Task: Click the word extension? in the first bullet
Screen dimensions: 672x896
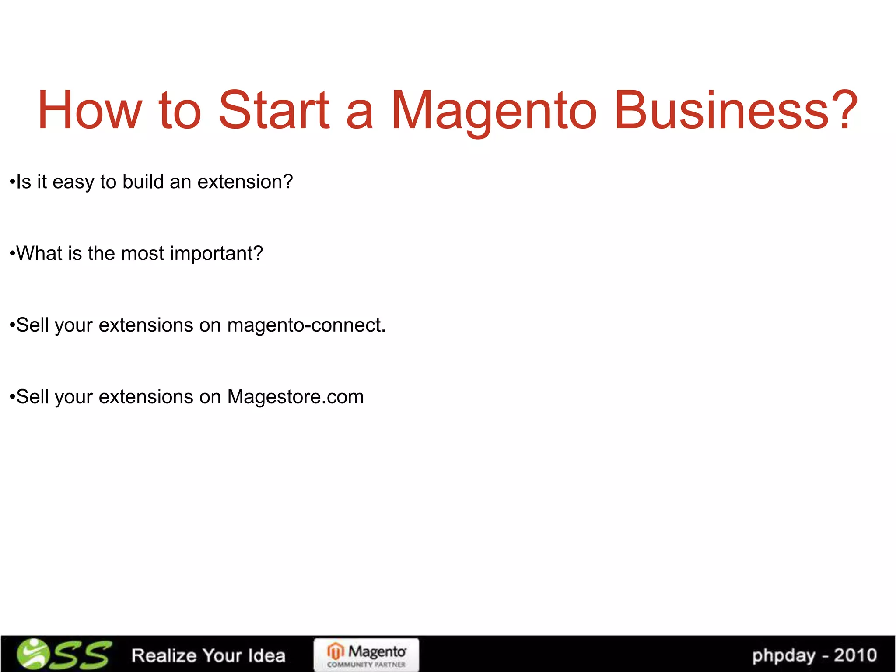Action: pos(245,182)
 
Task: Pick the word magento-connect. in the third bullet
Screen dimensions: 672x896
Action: pos(306,325)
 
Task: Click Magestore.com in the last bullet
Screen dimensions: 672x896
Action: pos(295,397)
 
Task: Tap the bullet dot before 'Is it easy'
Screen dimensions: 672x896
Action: pos(12,182)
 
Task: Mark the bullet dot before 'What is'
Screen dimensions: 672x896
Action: pos(12,254)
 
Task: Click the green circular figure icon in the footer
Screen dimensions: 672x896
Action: pos(33,654)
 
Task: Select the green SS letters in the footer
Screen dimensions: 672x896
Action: pos(81,655)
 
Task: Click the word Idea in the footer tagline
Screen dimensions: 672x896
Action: pos(266,655)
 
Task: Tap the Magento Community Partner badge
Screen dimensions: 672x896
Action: pos(366,655)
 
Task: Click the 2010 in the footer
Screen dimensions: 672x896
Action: pos(855,655)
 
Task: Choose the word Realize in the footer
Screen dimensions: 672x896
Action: pos(164,655)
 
